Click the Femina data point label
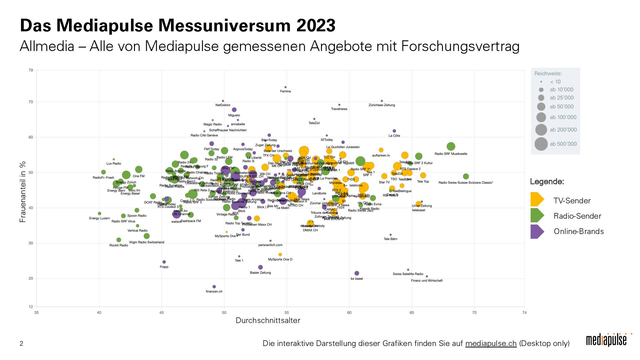click(285, 91)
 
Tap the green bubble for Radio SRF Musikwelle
click(451, 146)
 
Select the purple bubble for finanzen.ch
click(214, 287)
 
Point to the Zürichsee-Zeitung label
click(382, 105)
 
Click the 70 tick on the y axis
click(31, 102)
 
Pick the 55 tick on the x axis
click(287, 313)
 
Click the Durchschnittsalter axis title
click(268, 321)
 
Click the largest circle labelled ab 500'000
click(541, 144)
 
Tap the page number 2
click(22, 344)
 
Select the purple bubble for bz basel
click(357, 274)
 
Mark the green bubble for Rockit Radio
click(119, 240)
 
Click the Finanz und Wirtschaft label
click(427, 281)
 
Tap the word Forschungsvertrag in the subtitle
click(460, 47)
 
